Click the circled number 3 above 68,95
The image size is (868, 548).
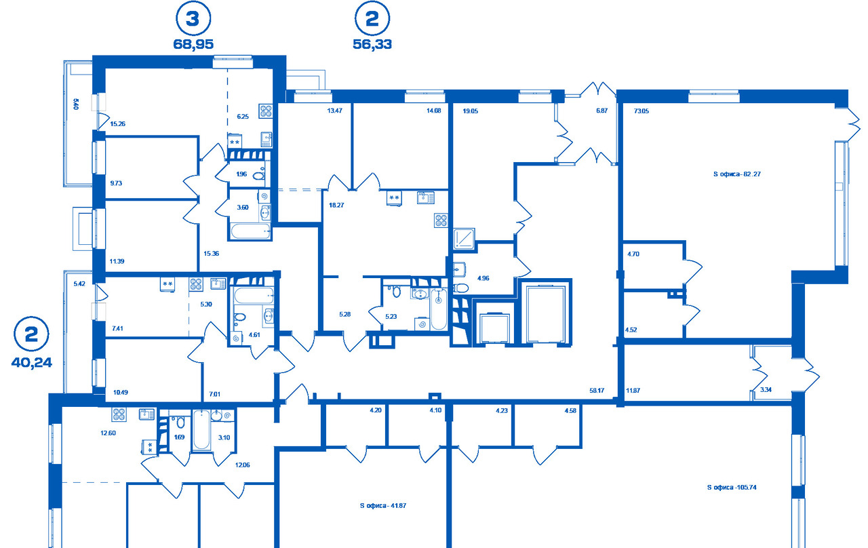coord(193,18)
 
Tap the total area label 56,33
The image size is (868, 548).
coord(372,44)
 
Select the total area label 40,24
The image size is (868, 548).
coord(31,362)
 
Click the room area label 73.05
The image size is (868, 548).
coord(642,111)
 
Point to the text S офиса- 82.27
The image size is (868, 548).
coord(736,174)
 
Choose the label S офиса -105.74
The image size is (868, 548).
coord(732,487)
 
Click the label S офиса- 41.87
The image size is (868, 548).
coord(383,505)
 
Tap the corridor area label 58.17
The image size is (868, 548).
coord(597,390)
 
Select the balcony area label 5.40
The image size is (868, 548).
coord(75,104)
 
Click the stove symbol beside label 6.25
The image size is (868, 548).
coord(266,111)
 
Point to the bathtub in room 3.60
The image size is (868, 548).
coord(251,231)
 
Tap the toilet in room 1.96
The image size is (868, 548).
coord(258,176)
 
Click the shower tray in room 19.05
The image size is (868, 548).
coord(464,238)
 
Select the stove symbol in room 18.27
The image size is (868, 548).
coord(441,220)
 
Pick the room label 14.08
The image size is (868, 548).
coord(433,111)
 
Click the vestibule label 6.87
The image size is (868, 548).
coord(601,111)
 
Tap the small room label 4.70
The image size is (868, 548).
coord(633,254)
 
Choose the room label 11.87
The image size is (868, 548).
coord(633,390)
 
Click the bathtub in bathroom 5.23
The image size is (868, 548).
coord(439,309)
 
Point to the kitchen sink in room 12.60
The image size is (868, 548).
coord(146,414)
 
